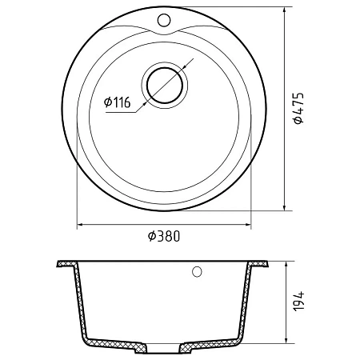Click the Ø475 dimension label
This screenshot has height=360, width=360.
[x=298, y=109]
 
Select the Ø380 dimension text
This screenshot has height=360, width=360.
[x=164, y=236]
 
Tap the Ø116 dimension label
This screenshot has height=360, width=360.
[x=118, y=102]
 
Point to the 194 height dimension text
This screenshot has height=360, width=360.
[x=298, y=301]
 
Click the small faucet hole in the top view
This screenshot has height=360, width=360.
[x=164, y=20]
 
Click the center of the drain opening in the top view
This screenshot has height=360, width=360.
[x=165, y=86]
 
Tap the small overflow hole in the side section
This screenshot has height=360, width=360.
[x=197, y=271]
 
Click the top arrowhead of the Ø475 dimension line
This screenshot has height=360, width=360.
[x=285, y=10]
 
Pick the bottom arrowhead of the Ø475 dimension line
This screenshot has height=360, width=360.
[x=285, y=207]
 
